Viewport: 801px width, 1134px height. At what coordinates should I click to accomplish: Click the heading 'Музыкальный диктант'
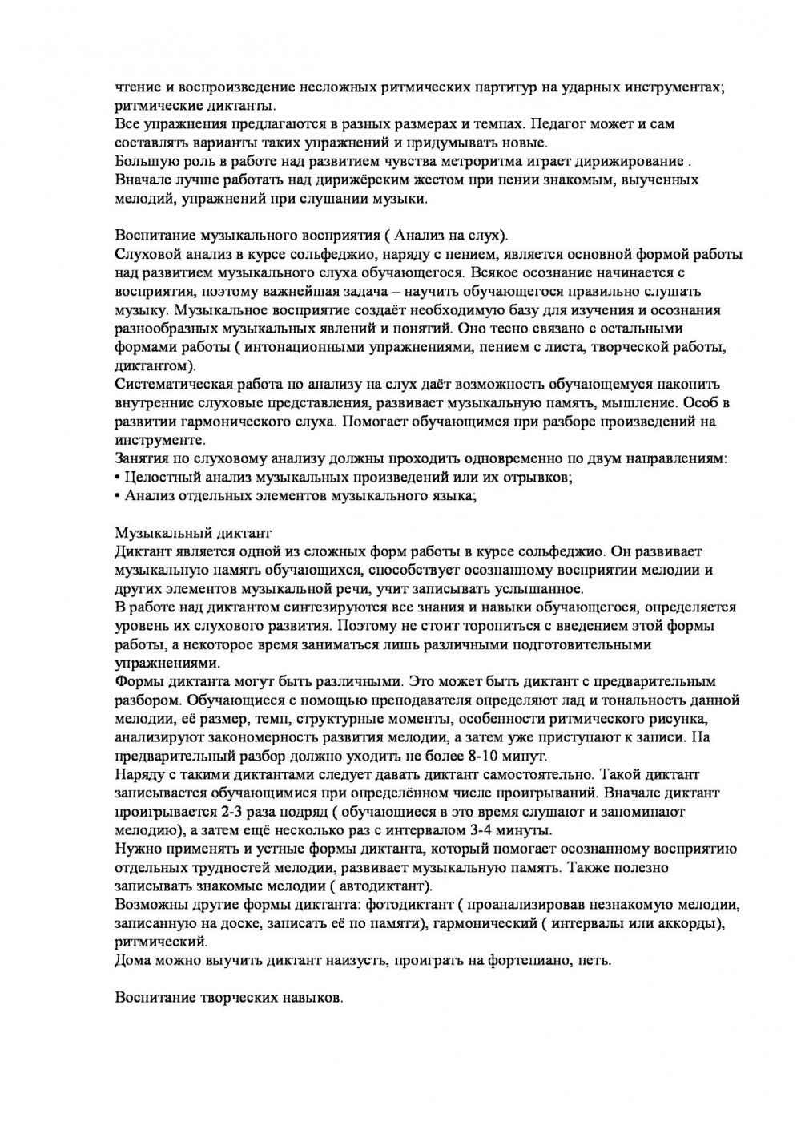coord(194,533)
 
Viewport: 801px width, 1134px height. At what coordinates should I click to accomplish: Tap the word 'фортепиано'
coord(524,960)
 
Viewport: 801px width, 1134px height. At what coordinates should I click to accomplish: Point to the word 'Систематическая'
coord(177,384)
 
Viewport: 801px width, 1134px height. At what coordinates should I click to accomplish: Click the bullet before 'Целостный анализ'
coord(118,478)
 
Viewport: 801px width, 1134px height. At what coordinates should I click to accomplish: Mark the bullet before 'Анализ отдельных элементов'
coord(118,496)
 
